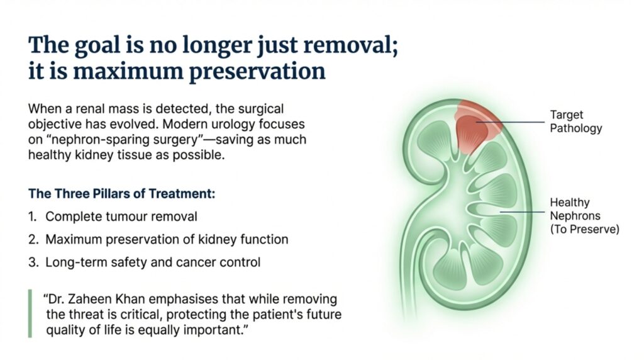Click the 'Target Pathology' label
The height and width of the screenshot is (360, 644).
point(575,121)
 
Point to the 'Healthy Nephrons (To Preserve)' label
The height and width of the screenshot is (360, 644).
point(584,216)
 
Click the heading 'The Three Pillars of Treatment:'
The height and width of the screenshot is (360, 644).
point(122,194)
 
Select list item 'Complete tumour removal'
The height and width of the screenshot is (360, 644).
point(121,217)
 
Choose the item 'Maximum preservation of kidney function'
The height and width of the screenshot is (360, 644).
point(167,239)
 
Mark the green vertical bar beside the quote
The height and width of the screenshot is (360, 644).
point(30,313)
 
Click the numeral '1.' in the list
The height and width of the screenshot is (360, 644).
point(33,217)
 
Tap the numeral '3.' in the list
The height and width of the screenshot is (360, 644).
point(33,262)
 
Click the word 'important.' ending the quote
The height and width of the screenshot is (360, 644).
point(218,330)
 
